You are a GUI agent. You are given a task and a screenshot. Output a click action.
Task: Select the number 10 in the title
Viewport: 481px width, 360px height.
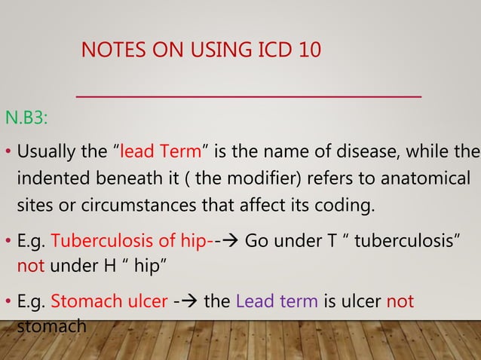[306, 51]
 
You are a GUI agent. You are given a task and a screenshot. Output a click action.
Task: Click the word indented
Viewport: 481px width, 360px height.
[50, 180]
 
